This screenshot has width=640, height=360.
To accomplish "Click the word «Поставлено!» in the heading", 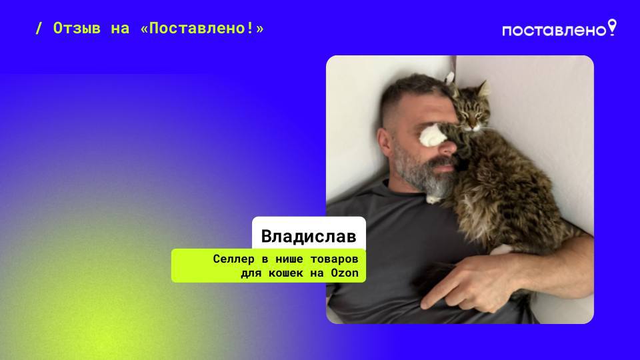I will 203,29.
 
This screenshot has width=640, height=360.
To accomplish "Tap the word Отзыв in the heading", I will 77,29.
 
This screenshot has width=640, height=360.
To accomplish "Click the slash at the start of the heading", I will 39,29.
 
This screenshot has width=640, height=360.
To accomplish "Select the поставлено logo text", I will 554,31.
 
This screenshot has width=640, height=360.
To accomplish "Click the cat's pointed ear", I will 482,88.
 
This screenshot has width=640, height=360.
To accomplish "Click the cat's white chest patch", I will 435,193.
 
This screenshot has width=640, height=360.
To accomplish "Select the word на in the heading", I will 121,29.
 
